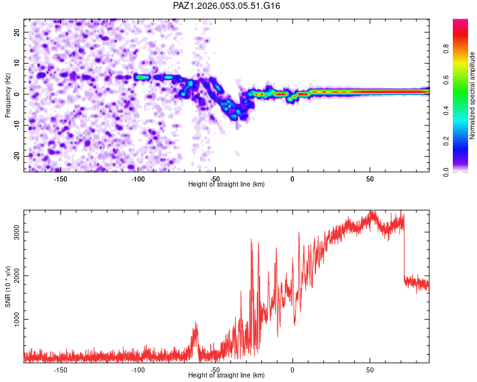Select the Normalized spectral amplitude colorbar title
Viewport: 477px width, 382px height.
pos(473,95)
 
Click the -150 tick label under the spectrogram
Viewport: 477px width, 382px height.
pos(60,179)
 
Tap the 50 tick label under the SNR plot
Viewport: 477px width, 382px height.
pos(370,369)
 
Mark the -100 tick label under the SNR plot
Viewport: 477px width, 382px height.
pos(138,369)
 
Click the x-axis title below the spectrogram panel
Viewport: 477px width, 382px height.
pos(226,185)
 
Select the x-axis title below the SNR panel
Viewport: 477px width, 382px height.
pos(226,376)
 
